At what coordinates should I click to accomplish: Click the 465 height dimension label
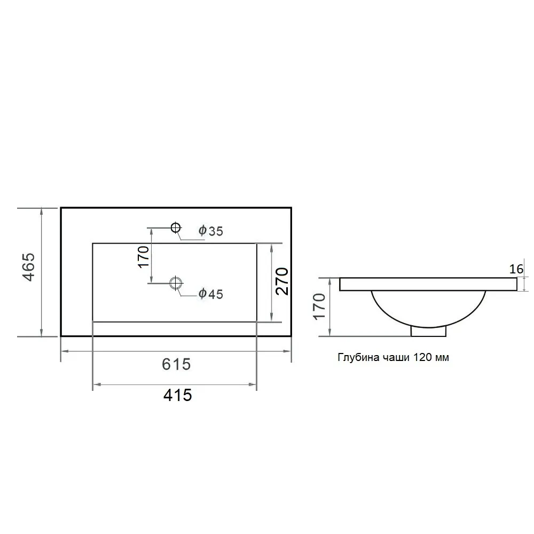pos(29,266)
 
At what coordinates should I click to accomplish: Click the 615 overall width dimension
pos(176,364)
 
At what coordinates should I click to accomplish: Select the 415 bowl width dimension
pos(177,395)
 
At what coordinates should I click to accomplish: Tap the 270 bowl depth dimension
pos(282,281)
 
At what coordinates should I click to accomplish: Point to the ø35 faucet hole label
pos(211,231)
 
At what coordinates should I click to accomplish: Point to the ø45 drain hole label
pos(211,294)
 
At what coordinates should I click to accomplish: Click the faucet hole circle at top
pos(175,227)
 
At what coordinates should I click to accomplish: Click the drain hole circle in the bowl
pos(176,282)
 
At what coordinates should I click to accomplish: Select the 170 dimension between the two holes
pos(144,256)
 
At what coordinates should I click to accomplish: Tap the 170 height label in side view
pos(319,306)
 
